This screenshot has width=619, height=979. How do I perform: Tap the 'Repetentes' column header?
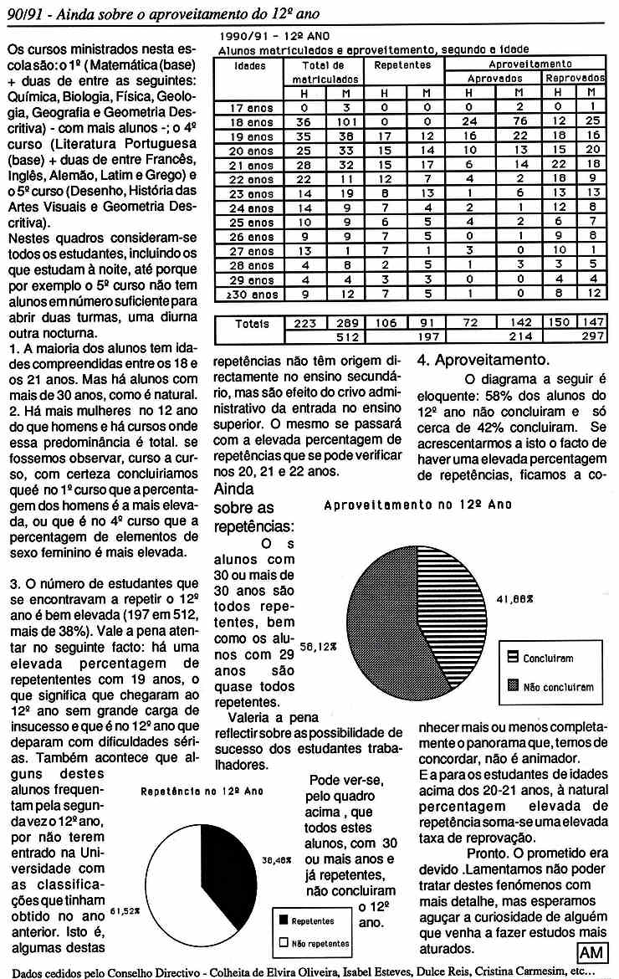tap(402, 64)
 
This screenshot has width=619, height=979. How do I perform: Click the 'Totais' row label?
tap(253, 323)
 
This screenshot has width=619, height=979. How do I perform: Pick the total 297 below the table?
tap(591, 336)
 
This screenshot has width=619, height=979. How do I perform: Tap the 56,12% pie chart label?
tap(315, 647)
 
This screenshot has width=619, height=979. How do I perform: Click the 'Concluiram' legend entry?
tap(546, 659)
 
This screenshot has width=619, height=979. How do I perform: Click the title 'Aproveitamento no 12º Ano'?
tap(417, 505)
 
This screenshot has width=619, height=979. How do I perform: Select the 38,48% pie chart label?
tap(277, 859)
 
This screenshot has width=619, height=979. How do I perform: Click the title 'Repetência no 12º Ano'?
tap(192, 790)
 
